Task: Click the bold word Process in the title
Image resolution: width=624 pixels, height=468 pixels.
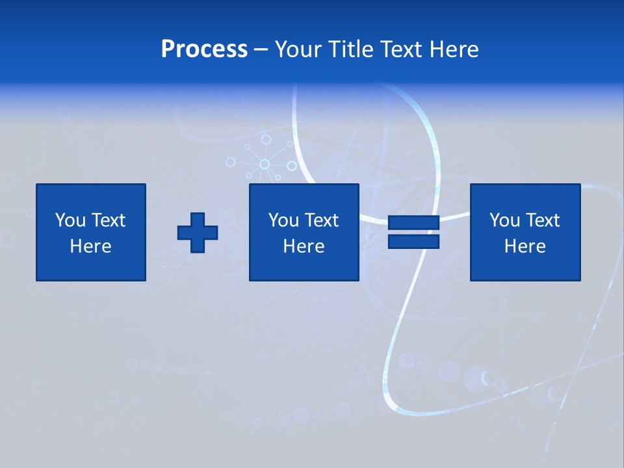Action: click(x=204, y=49)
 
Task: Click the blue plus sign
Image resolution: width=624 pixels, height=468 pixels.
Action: click(x=198, y=233)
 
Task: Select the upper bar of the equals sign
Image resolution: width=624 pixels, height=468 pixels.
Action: click(x=413, y=223)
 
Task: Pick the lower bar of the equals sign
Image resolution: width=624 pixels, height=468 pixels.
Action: click(x=413, y=242)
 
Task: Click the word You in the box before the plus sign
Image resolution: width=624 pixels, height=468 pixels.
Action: click(x=70, y=220)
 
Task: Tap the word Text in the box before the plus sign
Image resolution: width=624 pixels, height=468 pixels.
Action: click(x=108, y=220)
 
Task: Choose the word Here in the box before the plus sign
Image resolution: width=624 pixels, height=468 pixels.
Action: click(x=90, y=246)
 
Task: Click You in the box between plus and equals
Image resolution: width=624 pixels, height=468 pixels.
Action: click(x=283, y=220)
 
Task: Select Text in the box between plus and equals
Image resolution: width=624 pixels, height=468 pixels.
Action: click(x=321, y=220)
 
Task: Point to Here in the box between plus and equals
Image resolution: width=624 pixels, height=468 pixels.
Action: click(x=304, y=246)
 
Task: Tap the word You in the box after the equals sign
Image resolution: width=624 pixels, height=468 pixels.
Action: click(x=504, y=220)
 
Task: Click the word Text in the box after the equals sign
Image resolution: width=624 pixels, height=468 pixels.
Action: click(x=542, y=220)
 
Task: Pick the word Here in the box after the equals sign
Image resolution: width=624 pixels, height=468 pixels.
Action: click(x=525, y=246)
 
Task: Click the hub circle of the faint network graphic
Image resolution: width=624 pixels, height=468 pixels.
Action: click(x=265, y=164)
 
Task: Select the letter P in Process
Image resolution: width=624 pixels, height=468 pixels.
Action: click(x=168, y=49)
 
